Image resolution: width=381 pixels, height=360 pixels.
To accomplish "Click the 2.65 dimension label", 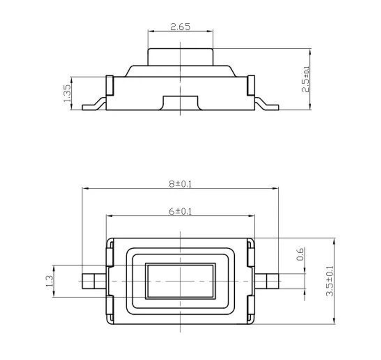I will pyautogui.click(x=180, y=27).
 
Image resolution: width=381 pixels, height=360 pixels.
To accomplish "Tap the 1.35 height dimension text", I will pyautogui.click(x=67, y=93).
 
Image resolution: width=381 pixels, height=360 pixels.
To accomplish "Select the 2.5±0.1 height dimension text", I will pyautogui.click(x=306, y=79).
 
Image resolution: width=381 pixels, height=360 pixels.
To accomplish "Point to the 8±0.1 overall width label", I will pyautogui.click(x=181, y=184).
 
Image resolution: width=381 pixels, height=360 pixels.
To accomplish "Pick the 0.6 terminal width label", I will pyautogui.click(x=300, y=254).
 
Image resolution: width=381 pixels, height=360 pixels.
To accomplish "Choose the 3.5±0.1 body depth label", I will pyautogui.click(x=330, y=281).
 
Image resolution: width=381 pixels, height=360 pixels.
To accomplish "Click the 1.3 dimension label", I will pyautogui.click(x=49, y=281).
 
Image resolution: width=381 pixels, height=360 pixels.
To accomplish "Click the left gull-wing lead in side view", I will pyautogui.click(x=94, y=105).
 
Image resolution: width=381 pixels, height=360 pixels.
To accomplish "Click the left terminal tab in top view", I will pyautogui.click(x=93, y=281).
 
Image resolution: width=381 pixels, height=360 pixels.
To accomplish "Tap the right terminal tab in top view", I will pyautogui.click(x=267, y=281).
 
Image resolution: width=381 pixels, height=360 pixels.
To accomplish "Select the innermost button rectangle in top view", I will pyautogui.click(x=180, y=281).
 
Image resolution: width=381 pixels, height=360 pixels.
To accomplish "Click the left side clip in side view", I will pyautogui.click(x=109, y=86).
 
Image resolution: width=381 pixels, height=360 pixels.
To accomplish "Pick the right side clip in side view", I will pyautogui.click(x=251, y=86).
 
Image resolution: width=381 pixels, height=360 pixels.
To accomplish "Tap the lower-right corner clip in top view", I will pyautogui.click(x=250, y=309).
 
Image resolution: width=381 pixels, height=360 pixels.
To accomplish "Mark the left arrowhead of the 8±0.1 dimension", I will pyautogui.click(x=85, y=188).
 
